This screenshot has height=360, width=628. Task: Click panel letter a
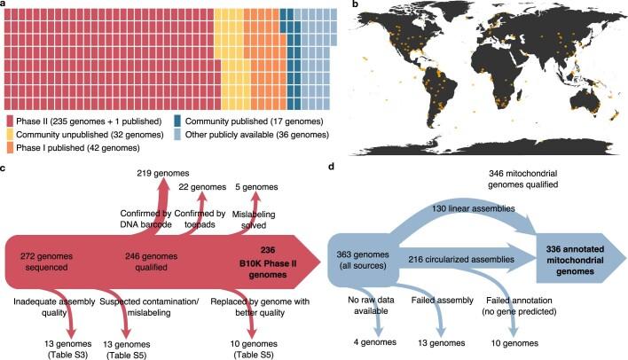(x=4, y=4)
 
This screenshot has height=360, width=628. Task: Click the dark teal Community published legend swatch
(x=178, y=121)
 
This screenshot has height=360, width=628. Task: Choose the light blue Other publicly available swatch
(x=178, y=135)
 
